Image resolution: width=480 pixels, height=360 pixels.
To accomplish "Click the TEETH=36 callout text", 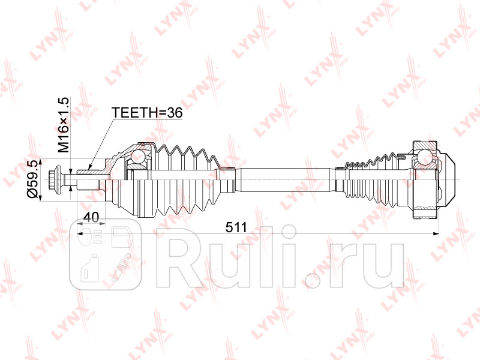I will [x=146, y=112].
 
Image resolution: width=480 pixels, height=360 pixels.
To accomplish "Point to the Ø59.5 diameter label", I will [x=34, y=179].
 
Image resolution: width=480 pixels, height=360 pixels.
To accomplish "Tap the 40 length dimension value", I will [x=91, y=217].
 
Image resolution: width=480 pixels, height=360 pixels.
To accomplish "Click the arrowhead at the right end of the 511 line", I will [x=437, y=233].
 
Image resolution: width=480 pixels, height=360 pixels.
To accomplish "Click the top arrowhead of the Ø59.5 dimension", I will [x=40, y=160].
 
